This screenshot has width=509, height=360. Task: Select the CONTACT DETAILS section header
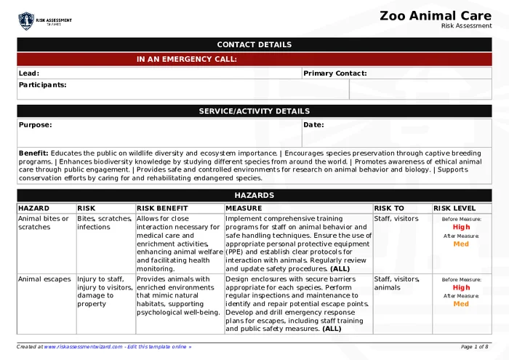pos(254,45)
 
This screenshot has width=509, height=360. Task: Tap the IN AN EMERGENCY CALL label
pos(186,60)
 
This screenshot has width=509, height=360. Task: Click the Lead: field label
pos(29,73)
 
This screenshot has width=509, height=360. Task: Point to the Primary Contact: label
pos(334,73)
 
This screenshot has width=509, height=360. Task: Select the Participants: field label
pos(42,85)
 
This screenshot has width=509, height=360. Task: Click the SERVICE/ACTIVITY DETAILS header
pos(254,111)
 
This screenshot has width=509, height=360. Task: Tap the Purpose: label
pos(35,125)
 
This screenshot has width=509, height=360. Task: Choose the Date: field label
pos(313,125)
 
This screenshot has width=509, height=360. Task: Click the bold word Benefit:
pos(33,153)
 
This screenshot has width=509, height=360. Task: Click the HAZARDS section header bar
pos(254,196)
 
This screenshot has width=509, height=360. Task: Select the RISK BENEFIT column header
pos(162,209)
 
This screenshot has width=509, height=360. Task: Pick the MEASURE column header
pos(243,209)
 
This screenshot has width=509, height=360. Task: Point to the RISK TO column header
pos(389,209)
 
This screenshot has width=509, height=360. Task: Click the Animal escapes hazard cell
pos(44,279)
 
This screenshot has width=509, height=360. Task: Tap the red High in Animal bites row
pos(461,227)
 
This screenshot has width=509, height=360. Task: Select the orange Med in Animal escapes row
pos(461,304)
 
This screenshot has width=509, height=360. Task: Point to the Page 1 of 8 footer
pos(474,347)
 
